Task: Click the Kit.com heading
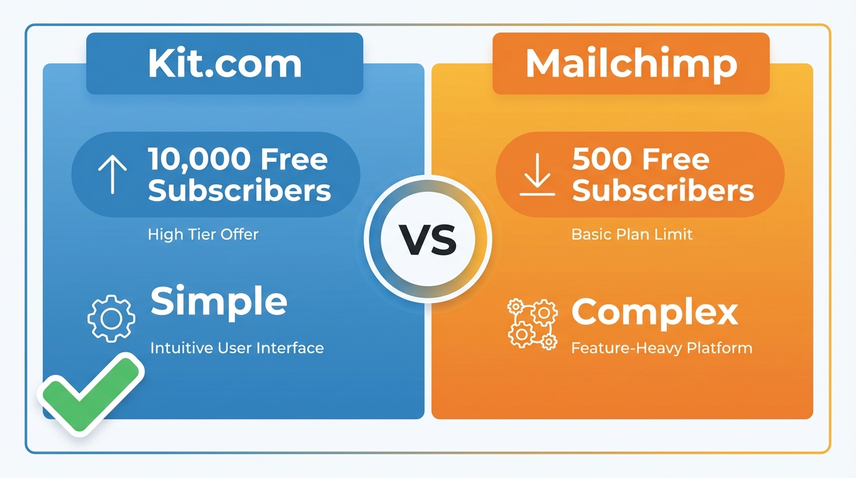pyautogui.click(x=225, y=63)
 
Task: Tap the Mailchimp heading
pyautogui.click(x=631, y=63)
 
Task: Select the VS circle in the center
pyautogui.click(x=427, y=240)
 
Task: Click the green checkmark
pyautogui.click(x=91, y=393)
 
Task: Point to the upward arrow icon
pyautogui.click(x=112, y=174)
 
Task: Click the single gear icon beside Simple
pyautogui.click(x=111, y=318)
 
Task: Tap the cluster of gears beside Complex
pyautogui.click(x=532, y=323)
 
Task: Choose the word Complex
pyautogui.click(x=654, y=312)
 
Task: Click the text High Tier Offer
pyautogui.click(x=203, y=235)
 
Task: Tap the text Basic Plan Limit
pyautogui.click(x=631, y=235)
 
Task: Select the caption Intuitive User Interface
pyautogui.click(x=236, y=347)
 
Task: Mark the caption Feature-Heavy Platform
pyautogui.click(x=661, y=347)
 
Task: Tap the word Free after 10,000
pyautogui.click(x=294, y=160)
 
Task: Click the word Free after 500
pyautogui.click(x=676, y=160)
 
